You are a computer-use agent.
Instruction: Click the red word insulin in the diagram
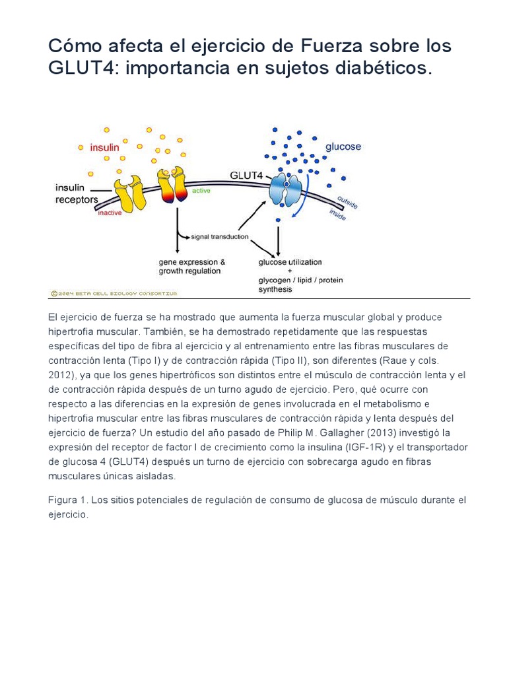[x=104, y=148]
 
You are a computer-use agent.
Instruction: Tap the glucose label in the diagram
[x=343, y=147]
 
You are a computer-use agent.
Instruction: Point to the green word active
[x=201, y=191]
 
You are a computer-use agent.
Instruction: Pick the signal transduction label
[x=219, y=236]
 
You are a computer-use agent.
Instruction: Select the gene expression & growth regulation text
[x=191, y=266]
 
